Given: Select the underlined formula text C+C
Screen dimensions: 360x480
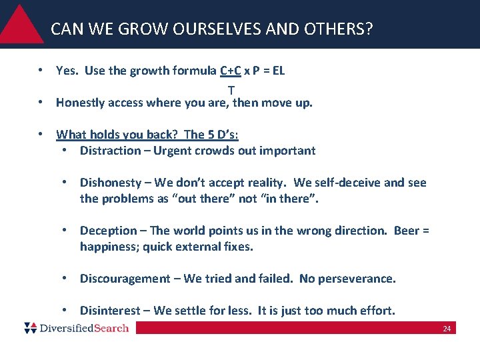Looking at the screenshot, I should click(231, 71).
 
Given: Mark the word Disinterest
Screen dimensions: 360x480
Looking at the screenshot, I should click(110, 311).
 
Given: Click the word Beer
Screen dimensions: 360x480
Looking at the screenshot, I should click(407, 231).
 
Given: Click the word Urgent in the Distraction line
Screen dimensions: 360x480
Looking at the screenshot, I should click(171, 151).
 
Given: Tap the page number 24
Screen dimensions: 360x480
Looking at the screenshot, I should click(447, 329).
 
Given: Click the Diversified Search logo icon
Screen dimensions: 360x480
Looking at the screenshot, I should click(30, 327).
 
